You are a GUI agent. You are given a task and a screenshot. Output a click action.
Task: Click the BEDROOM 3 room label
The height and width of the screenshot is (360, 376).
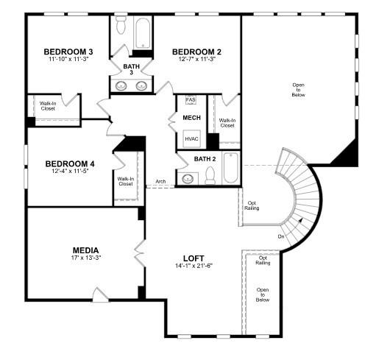click(68, 52)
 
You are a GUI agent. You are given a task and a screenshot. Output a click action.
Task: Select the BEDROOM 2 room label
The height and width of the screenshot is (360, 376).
click(196, 52)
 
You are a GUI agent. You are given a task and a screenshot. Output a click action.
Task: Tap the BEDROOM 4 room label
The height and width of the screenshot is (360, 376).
click(69, 163)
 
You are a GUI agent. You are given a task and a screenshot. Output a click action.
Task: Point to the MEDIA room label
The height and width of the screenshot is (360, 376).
click(85, 250)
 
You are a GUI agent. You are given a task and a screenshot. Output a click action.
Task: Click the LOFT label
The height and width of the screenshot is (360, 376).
click(194, 258)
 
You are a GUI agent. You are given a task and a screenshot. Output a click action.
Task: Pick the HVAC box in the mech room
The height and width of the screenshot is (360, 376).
click(192, 138)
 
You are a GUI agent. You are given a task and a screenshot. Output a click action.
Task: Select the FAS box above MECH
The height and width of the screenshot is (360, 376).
click(191, 100)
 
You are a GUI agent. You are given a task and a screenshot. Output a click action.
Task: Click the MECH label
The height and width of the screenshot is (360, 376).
click(192, 118)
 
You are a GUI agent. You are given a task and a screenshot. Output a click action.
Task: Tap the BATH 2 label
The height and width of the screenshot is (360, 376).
click(205, 159)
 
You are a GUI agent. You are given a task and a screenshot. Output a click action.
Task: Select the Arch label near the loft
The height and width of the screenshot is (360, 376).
click(160, 181)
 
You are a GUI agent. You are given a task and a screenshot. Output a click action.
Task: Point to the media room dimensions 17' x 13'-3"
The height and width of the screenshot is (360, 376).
click(85, 258)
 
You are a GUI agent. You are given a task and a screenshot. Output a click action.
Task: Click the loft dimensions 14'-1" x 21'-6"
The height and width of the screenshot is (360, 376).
click(194, 267)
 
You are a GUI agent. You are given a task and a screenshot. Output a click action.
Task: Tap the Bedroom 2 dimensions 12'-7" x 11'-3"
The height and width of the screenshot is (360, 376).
click(196, 60)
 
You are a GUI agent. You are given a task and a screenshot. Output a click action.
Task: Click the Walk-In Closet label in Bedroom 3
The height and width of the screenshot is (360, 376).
click(48, 106)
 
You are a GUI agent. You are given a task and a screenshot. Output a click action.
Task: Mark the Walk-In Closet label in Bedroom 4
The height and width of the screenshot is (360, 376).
click(125, 181)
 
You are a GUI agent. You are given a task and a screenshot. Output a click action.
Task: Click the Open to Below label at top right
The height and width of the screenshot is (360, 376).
click(298, 90)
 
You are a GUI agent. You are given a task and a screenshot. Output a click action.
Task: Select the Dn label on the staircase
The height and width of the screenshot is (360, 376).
click(281, 236)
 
